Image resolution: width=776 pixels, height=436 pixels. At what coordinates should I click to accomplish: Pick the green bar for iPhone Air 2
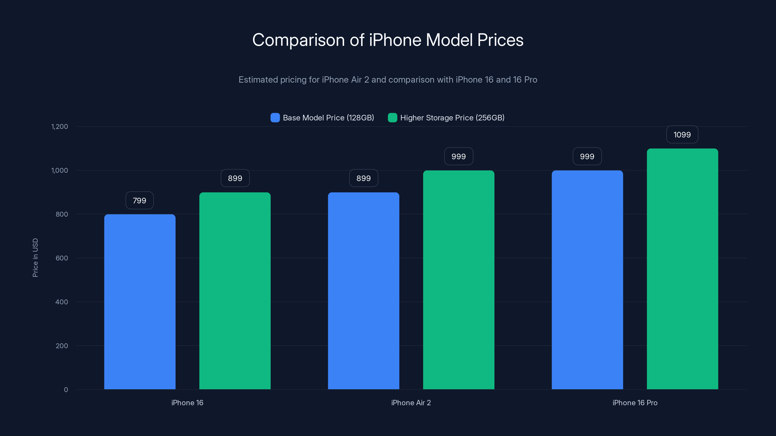click(459, 280)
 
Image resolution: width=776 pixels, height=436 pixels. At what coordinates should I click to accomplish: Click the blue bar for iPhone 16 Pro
click(587, 280)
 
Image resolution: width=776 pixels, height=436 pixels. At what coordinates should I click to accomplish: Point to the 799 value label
click(139, 200)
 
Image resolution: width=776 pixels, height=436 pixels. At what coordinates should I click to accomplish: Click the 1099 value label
click(682, 134)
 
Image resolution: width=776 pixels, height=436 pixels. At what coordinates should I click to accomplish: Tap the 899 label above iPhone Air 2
click(364, 178)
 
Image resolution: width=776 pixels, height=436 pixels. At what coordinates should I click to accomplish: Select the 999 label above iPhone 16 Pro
click(587, 156)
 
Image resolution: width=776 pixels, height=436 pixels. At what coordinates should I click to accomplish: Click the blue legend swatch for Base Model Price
click(275, 118)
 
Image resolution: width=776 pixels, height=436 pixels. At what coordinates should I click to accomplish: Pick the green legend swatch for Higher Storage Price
click(392, 118)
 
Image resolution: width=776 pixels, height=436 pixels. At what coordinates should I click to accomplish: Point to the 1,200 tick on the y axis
click(60, 126)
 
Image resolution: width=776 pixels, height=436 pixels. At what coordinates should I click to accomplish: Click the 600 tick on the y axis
click(62, 258)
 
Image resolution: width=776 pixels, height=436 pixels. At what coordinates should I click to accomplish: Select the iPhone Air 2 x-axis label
click(411, 403)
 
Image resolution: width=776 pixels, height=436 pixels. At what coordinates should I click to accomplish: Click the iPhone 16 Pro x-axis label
click(635, 403)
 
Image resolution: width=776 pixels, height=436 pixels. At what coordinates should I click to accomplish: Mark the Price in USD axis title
click(35, 257)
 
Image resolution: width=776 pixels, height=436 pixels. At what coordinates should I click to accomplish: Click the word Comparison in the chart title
click(298, 40)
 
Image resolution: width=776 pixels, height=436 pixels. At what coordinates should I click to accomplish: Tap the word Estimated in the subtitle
click(258, 80)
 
